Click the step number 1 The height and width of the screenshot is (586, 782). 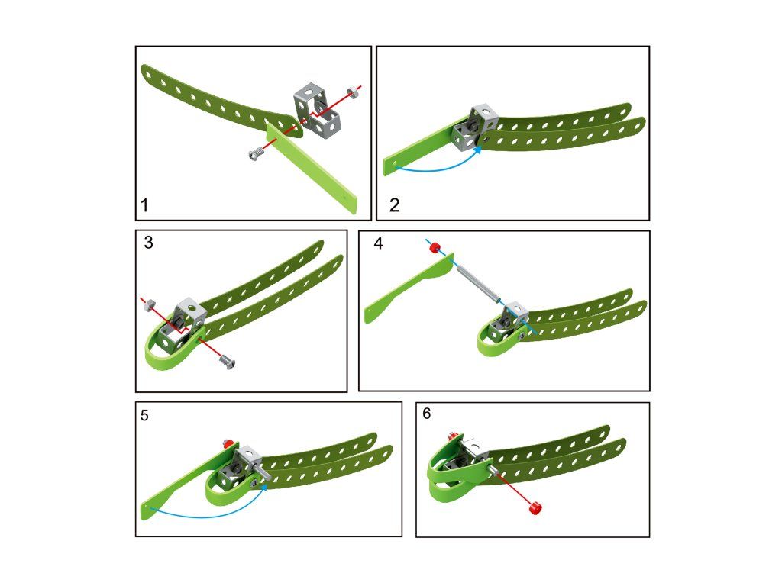tap(144, 205)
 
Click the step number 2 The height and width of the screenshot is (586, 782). tap(395, 205)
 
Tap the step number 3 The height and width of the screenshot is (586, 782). tap(149, 243)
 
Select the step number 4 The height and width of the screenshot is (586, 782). tap(379, 243)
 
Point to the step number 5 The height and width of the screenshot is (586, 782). tap(144, 416)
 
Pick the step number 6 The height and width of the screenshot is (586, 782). tap(427, 414)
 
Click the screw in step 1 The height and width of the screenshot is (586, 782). tap(256, 154)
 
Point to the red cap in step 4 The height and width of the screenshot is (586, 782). tap(435, 246)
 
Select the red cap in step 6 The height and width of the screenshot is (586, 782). tap(534, 508)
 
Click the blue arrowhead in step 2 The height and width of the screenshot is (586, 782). tap(477, 150)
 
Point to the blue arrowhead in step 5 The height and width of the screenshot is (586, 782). tap(263, 488)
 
